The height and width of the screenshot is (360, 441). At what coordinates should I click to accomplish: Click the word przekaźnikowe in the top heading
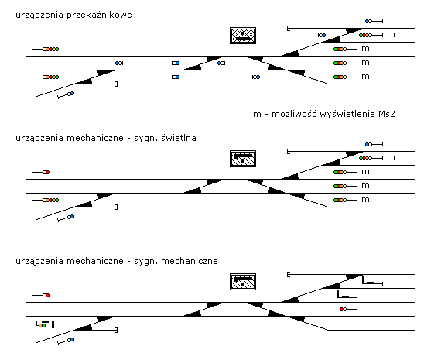[99, 15]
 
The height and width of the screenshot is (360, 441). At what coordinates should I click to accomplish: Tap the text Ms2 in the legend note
[387, 114]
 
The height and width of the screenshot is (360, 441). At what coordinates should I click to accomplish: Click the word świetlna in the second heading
[179, 138]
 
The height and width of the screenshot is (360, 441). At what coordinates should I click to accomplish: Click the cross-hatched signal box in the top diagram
[243, 36]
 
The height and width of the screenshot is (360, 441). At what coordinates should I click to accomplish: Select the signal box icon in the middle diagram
[243, 159]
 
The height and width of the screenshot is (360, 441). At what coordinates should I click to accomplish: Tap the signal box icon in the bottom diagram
[243, 282]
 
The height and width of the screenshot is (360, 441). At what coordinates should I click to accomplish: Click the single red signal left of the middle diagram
[41, 173]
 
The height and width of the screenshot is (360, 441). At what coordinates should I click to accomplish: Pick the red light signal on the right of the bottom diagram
[348, 310]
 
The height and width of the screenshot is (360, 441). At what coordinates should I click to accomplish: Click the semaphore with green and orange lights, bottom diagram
[43, 324]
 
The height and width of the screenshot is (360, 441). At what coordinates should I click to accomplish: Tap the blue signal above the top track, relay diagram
[374, 21]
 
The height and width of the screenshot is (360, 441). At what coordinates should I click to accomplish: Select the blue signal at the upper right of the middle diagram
[374, 145]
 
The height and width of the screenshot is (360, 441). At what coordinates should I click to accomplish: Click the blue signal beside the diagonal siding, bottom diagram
[66, 341]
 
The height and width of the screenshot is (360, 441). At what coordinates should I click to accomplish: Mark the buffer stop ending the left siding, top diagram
[116, 84]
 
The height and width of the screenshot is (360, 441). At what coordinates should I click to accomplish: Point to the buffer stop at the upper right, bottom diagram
[289, 274]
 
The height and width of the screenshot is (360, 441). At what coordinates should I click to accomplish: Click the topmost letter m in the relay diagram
[391, 35]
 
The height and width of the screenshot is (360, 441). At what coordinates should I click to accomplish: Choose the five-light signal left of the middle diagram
[46, 200]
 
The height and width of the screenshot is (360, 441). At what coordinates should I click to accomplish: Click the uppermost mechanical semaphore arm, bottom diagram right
[372, 281]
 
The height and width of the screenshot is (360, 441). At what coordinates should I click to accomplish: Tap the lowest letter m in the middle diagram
[365, 200]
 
